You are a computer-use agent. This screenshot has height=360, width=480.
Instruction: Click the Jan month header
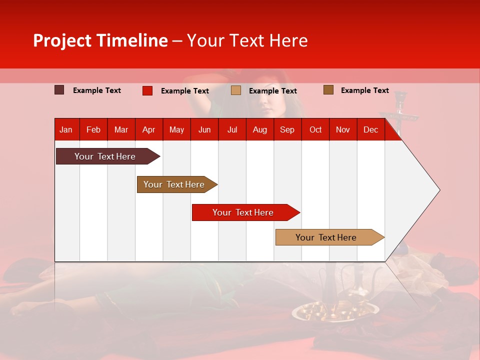[66, 129]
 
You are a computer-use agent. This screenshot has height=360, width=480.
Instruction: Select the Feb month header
[93, 129]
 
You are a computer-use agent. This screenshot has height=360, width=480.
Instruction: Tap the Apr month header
[148, 129]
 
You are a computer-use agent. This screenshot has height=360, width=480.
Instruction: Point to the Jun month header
[204, 129]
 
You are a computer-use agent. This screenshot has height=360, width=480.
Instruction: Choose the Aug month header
[259, 129]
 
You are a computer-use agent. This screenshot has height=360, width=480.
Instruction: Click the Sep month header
[287, 129]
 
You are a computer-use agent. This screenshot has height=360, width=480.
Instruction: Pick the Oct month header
[315, 129]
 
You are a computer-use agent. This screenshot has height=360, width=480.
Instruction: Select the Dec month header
[370, 129]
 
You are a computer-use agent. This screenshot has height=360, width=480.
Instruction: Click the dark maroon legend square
[59, 90]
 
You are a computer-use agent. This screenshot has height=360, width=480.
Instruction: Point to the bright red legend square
[147, 90]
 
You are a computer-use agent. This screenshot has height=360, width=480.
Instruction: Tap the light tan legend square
[236, 90]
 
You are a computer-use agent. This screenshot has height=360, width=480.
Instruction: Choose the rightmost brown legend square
[328, 90]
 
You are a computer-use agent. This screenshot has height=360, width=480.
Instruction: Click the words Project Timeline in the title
[100, 40]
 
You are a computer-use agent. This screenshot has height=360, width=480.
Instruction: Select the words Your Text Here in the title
[247, 40]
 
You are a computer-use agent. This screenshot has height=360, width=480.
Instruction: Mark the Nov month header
[343, 129]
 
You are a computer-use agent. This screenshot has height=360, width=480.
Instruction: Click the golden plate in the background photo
[320, 313]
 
